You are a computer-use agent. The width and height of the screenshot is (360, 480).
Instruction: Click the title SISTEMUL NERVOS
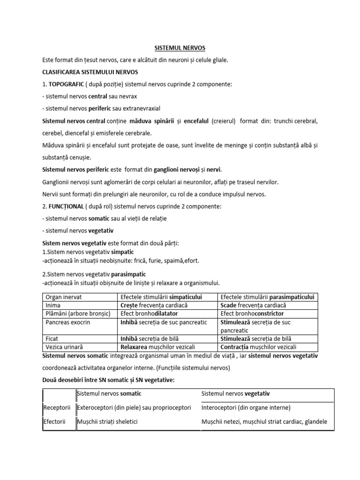point(180,48)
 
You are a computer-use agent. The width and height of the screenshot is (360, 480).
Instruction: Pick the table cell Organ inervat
point(64,297)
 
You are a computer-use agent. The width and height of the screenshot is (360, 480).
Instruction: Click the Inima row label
point(54,305)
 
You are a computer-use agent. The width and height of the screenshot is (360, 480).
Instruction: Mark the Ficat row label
point(52,338)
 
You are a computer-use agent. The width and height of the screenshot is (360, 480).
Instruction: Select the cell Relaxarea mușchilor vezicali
point(157,347)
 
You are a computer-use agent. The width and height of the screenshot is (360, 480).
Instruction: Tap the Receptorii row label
point(58,408)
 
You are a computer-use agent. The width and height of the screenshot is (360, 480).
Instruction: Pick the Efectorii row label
point(57,422)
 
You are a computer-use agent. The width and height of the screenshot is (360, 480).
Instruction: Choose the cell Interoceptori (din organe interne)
point(246,408)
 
